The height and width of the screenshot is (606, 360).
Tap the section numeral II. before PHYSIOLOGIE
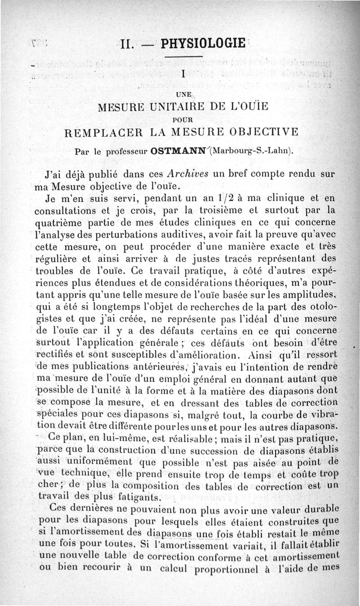[x=130, y=44]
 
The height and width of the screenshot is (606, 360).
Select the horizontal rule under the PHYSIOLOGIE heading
[x=182, y=57]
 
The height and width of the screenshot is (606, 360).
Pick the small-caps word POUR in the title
[x=183, y=120]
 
